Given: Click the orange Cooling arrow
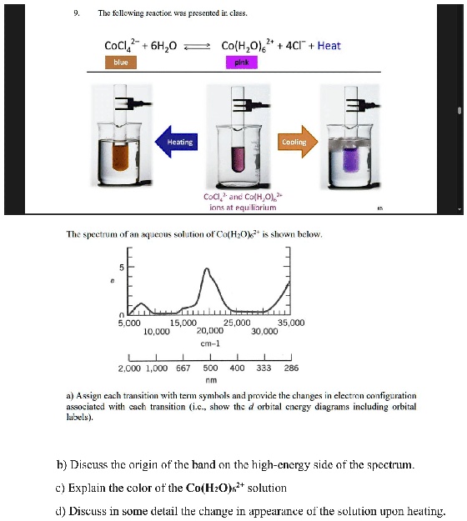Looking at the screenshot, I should tap(295, 142).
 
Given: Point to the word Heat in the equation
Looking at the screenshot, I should tap(329, 45).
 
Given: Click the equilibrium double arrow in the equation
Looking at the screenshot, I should tap(195, 46).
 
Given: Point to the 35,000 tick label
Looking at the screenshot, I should tap(290, 322).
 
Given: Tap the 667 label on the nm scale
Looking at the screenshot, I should tap(183, 368).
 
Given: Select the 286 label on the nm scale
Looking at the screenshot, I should tap(290, 368).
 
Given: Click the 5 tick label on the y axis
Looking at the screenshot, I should tap(120, 268).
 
